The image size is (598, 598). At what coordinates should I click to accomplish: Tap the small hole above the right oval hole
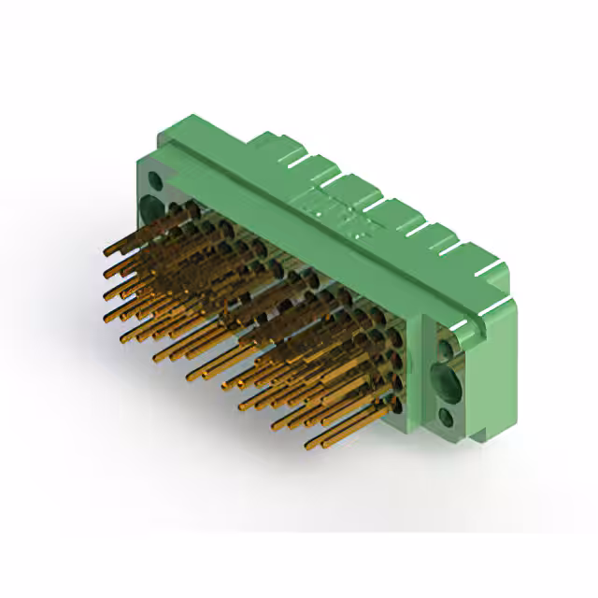click(449, 347)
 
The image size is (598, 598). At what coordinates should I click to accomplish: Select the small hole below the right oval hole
click(447, 418)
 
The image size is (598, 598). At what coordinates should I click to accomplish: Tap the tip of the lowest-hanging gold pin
click(324, 445)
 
